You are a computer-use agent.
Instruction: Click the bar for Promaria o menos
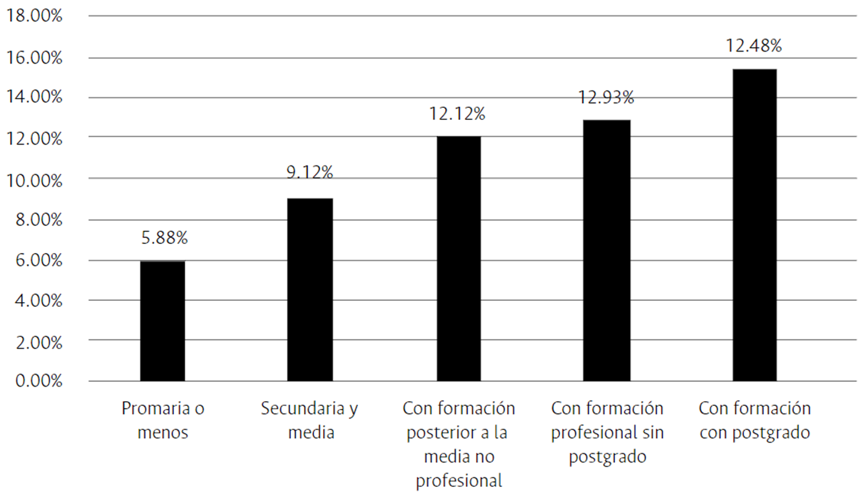[162, 321]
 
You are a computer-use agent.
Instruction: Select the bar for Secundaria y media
[310, 290]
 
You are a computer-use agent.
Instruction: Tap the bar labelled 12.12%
[458, 258]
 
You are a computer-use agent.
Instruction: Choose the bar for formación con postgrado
[754, 225]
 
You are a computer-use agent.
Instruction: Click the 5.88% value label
[164, 238]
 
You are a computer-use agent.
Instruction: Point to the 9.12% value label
[310, 173]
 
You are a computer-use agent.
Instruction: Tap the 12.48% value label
[754, 45]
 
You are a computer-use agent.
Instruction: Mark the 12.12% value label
[457, 113]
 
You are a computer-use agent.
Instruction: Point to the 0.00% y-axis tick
[37, 381]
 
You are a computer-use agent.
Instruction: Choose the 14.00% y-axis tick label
[34, 97]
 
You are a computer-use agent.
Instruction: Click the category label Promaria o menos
[162, 420]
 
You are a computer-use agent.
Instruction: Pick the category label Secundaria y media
[310, 420]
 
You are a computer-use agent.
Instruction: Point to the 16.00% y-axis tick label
[34, 58]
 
